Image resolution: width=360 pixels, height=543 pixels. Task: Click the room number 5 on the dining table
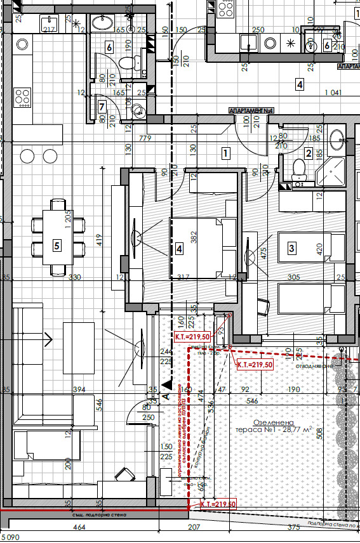57,244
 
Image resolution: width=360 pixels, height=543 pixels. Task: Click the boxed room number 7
101,107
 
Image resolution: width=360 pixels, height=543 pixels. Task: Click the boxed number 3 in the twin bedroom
292,248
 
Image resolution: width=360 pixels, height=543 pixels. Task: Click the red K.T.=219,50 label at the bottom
218,504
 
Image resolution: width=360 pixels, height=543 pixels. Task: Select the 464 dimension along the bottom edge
79,527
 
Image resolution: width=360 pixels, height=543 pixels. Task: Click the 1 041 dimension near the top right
333,93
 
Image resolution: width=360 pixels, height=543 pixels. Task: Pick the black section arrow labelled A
168,384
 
